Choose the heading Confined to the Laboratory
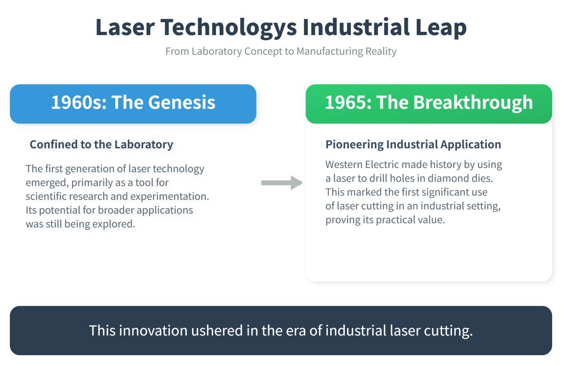[101, 145]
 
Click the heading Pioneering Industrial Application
[413, 145]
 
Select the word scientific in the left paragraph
[47, 196]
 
